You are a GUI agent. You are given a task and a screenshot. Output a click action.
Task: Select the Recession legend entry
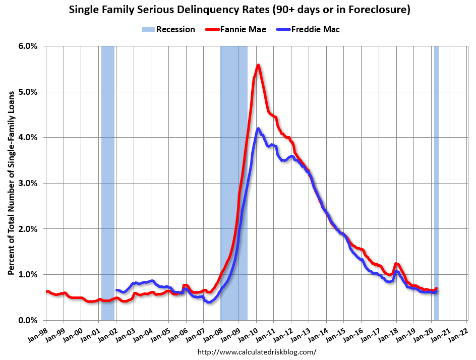[x=169, y=29]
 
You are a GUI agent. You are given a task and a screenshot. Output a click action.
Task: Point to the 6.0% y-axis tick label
[x=28, y=46]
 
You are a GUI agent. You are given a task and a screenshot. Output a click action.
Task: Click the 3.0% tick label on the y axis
[x=28, y=183]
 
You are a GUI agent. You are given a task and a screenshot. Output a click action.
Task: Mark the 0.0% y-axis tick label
[x=28, y=320]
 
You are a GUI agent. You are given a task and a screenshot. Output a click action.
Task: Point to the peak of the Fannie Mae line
[x=258, y=65]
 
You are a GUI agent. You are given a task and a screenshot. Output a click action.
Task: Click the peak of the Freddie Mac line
[x=258, y=129]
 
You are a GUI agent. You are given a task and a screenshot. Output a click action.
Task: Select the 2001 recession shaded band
[x=108, y=182]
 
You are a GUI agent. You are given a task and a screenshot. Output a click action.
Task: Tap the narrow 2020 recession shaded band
[x=436, y=182]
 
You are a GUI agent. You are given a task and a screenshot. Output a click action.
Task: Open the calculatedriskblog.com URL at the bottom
[x=257, y=352]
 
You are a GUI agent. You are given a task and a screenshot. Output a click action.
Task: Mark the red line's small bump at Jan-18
[x=396, y=263]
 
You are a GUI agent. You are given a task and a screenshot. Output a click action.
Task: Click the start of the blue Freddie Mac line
[x=116, y=290]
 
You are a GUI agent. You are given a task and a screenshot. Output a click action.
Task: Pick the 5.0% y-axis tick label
[x=28, y=92]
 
